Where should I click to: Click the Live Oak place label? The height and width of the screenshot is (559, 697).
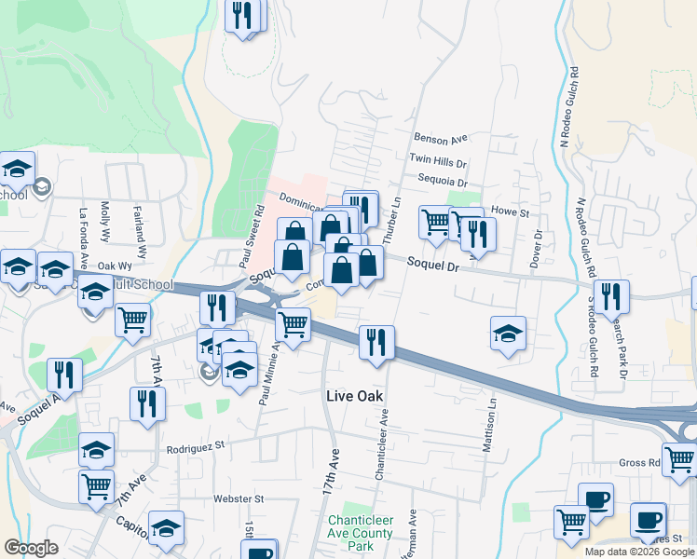pos(355,395)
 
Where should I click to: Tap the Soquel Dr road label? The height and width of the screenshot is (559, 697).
pos(434,265)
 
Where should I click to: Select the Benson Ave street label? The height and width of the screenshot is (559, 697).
pos(440,140)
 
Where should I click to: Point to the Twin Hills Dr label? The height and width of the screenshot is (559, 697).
pos(437,161)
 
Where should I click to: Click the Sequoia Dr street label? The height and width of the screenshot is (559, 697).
pos(442,183)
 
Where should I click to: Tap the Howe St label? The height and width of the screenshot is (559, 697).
pos(510,212)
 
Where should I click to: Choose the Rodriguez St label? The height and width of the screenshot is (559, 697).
pos(197,447)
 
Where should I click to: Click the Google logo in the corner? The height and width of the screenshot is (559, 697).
pos(31,548)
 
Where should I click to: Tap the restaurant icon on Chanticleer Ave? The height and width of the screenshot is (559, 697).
pos(377,342)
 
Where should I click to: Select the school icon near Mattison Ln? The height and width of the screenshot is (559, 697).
pos(508,333)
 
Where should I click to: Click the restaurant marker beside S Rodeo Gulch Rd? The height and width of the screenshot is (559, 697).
pos(612,296)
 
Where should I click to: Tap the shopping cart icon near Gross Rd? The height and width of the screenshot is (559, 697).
pos(679,460)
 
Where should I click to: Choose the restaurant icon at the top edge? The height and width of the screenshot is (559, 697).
pos(243,17)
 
